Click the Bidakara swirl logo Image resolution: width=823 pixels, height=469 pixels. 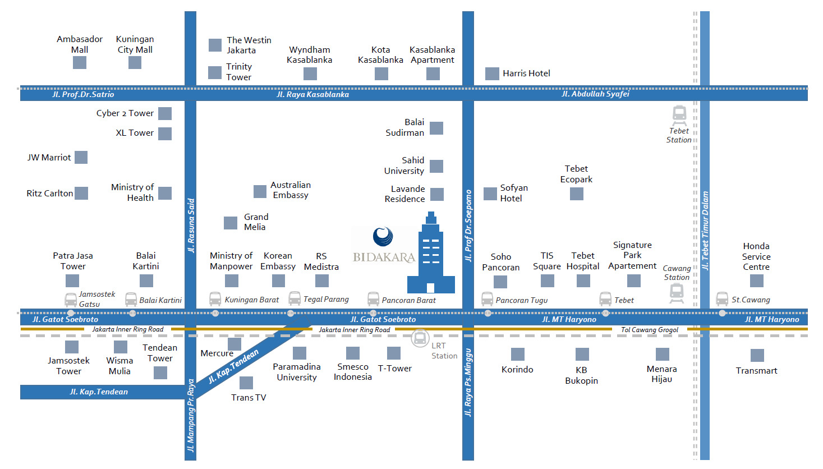383,236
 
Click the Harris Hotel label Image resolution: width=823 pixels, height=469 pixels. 526,73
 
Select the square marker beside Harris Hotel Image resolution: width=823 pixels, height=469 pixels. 492,74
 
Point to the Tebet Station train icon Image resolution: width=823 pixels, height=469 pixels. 679,116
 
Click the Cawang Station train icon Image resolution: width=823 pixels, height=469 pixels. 677,293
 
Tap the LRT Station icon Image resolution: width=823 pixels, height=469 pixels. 420,338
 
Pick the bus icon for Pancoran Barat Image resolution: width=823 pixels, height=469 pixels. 373,299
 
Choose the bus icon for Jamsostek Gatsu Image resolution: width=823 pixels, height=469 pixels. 71,300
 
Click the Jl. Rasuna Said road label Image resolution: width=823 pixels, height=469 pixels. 191,226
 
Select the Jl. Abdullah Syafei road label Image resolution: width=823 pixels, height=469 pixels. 595,94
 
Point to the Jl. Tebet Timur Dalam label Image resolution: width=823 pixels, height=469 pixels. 705,231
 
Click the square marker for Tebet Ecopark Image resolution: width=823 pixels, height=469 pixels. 577,194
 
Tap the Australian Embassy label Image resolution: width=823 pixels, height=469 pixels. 291,190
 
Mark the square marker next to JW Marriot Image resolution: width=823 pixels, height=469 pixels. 81,157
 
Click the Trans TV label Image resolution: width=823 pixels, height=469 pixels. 249,397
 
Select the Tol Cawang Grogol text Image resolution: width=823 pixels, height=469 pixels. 649,330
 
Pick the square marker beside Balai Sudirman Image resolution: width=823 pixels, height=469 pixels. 436,128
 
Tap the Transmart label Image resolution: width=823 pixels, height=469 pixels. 756,371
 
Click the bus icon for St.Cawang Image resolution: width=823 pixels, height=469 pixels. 722,299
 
